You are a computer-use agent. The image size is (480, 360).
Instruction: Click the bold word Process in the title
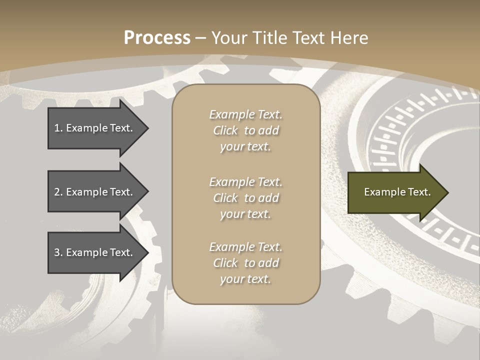tap(157, 38)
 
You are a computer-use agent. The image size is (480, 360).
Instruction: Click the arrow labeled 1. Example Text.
tap(95, 128)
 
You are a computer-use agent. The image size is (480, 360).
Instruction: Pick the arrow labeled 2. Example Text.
tap(95, 192)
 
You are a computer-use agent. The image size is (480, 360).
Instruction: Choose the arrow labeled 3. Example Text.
tap(95, 252)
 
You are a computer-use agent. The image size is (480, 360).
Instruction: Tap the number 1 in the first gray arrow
tap(57, 128)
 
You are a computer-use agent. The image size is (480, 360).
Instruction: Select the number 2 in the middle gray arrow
tap(57, 192)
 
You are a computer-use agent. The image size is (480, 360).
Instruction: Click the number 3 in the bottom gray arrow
tap(57, 252)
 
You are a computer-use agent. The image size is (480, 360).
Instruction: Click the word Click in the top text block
tap(225, 130)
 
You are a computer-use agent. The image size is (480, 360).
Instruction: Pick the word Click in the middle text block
tap(225, 198)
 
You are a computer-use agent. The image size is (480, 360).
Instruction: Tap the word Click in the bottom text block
tap(225, 263)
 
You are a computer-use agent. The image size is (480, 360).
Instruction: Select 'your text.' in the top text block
tap(245, 146)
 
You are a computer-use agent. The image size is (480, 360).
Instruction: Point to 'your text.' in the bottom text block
tap(245, 279)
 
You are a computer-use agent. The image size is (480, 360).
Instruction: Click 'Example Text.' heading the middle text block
tap(245, 182)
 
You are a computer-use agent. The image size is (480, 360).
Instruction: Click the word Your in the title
tap(227, 38)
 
